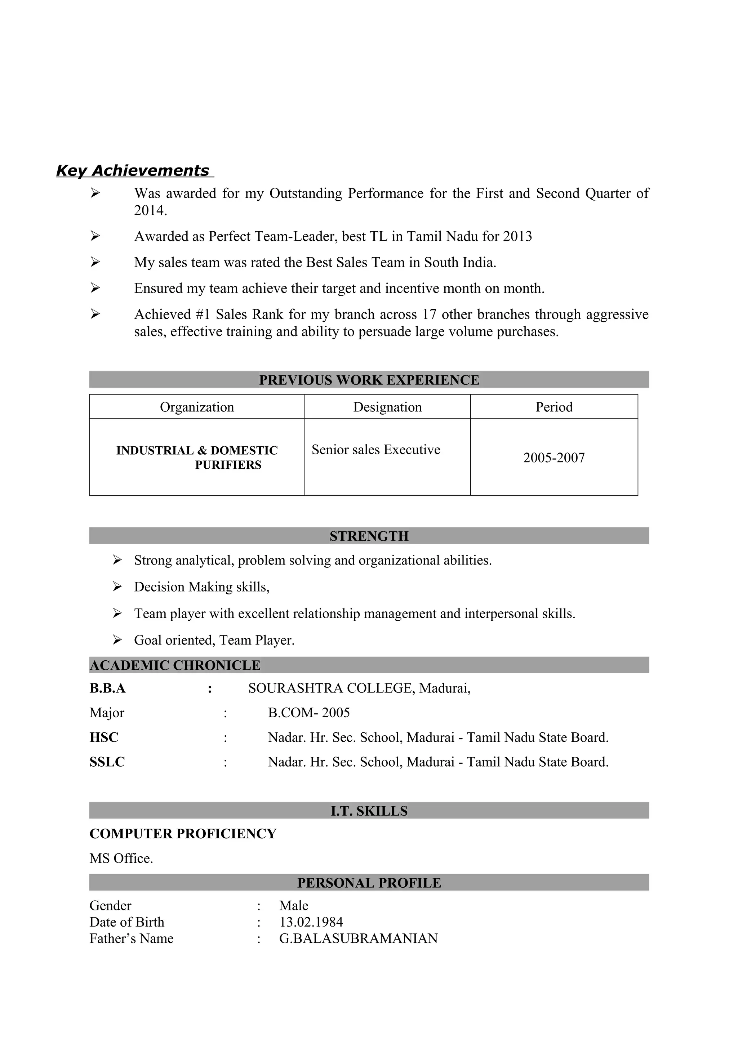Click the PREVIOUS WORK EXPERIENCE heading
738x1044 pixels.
point(369,380)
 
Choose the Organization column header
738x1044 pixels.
point(197,407)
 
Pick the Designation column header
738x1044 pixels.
point(387,407)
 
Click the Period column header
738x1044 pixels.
point(554,407)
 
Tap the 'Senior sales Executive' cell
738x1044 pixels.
point(375,450)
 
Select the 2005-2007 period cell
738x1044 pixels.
point(554,458)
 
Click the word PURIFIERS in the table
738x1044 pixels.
point(228,465)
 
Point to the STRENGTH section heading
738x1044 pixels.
point(369,536)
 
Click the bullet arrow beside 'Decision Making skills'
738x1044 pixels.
point(117,587)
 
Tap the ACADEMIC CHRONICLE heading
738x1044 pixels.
point(175,665)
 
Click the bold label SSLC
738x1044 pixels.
point(107,762)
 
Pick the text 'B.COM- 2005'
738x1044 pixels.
point(309,713)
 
